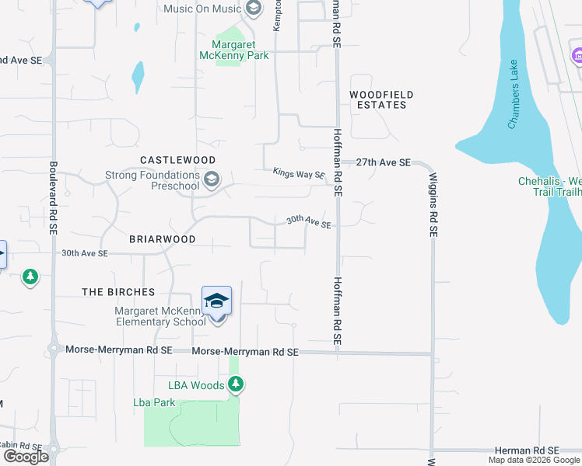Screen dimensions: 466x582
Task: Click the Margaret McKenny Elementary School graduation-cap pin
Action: coord(216,301)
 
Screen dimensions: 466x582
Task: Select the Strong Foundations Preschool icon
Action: coord(211,181)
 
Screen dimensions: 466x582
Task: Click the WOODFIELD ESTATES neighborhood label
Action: coord(381,99)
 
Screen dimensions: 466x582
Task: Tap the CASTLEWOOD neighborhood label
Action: coord(177,159)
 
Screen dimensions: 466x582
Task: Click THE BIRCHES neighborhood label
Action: coord(119,292)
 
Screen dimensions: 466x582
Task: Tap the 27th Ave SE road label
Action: coord(383,162)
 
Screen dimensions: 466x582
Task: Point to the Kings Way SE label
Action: coord(299,174)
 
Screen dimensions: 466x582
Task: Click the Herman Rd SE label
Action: coord(527,450)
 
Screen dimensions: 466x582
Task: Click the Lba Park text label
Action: coord(154,402)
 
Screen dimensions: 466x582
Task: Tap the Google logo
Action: coord(26,457)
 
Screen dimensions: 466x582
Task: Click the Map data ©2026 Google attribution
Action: coord(533,460)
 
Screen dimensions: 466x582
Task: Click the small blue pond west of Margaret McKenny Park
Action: coord(138,76)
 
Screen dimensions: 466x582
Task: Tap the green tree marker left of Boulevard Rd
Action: coord(30,276)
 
